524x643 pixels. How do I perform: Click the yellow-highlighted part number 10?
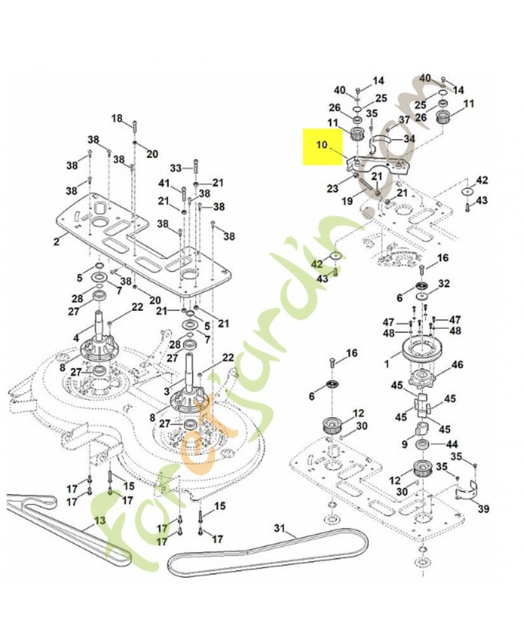321,146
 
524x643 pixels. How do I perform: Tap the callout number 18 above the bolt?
117,119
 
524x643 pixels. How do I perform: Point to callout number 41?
164,184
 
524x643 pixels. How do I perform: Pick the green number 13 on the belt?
99,520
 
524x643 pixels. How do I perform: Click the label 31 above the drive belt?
280,528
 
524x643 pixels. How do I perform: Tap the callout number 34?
409,139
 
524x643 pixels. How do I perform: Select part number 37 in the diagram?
405,119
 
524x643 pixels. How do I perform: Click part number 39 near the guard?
483,509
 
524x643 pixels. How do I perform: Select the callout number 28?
76,298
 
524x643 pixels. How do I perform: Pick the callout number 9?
404,443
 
